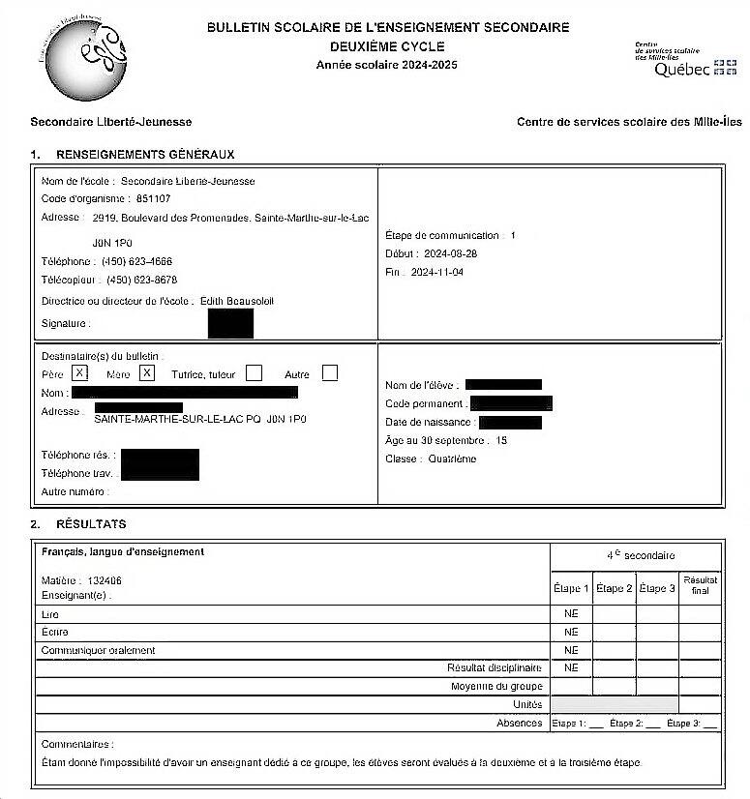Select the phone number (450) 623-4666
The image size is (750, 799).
(137, 261)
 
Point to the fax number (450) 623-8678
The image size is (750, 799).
(141, 280)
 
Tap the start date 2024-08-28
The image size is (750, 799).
(451, 253)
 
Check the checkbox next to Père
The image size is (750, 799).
(80, 372)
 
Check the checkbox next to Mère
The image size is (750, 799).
(147, 372)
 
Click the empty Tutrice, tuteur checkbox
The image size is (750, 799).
(255, 372)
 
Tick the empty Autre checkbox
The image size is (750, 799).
(330, 372)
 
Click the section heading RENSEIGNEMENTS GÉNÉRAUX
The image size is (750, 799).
(145, 154)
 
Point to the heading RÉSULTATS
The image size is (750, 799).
(91, 524)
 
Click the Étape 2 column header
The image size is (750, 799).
(615, 588)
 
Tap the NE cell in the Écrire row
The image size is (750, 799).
(571, 632)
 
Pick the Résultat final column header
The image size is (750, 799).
(701, 584)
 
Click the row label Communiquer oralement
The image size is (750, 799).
(98, 650)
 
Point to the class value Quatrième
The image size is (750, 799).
(452, 459)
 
